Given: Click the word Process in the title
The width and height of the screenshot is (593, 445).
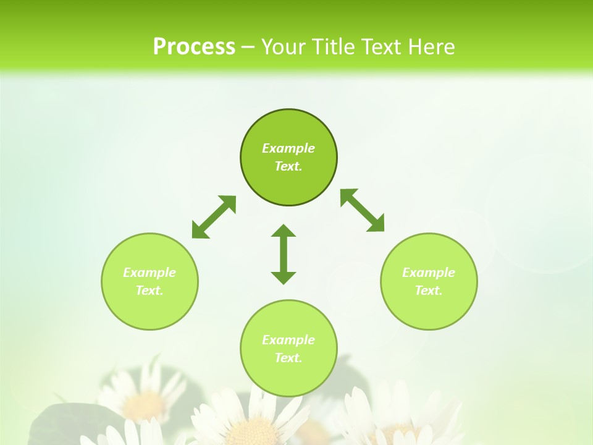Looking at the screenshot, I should [x=194, y=47].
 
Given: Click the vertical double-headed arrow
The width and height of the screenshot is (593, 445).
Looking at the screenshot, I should [x=284, y=254].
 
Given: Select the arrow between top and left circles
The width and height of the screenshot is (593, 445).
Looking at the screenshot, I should [x=214, y=217].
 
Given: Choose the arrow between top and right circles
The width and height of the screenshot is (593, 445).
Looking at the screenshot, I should [x=363, y=210].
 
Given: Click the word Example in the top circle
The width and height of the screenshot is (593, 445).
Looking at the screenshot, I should [x=288, y=148].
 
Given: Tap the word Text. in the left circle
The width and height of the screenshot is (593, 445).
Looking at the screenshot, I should [x=149, y=290].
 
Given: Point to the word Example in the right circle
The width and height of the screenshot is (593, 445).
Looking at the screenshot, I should [x=429, y=273].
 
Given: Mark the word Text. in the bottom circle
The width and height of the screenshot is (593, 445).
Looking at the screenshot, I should [x=288, y=358].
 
